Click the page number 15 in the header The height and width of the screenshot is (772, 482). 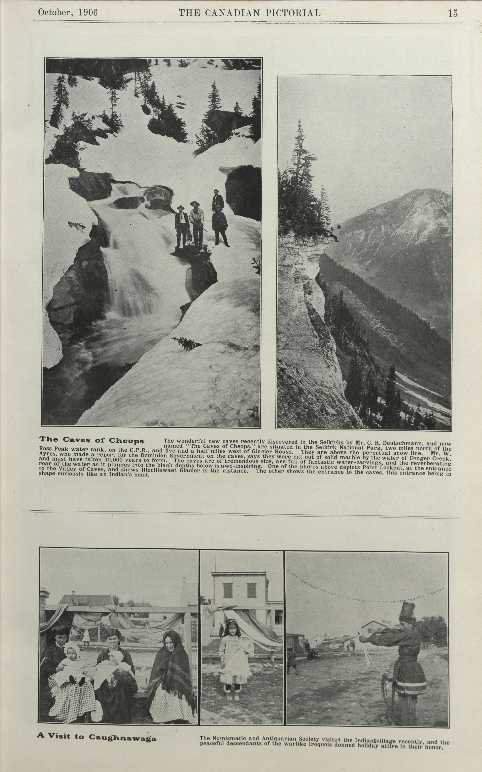tap(453, 13)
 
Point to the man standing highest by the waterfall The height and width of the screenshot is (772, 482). tap(218, 200)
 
